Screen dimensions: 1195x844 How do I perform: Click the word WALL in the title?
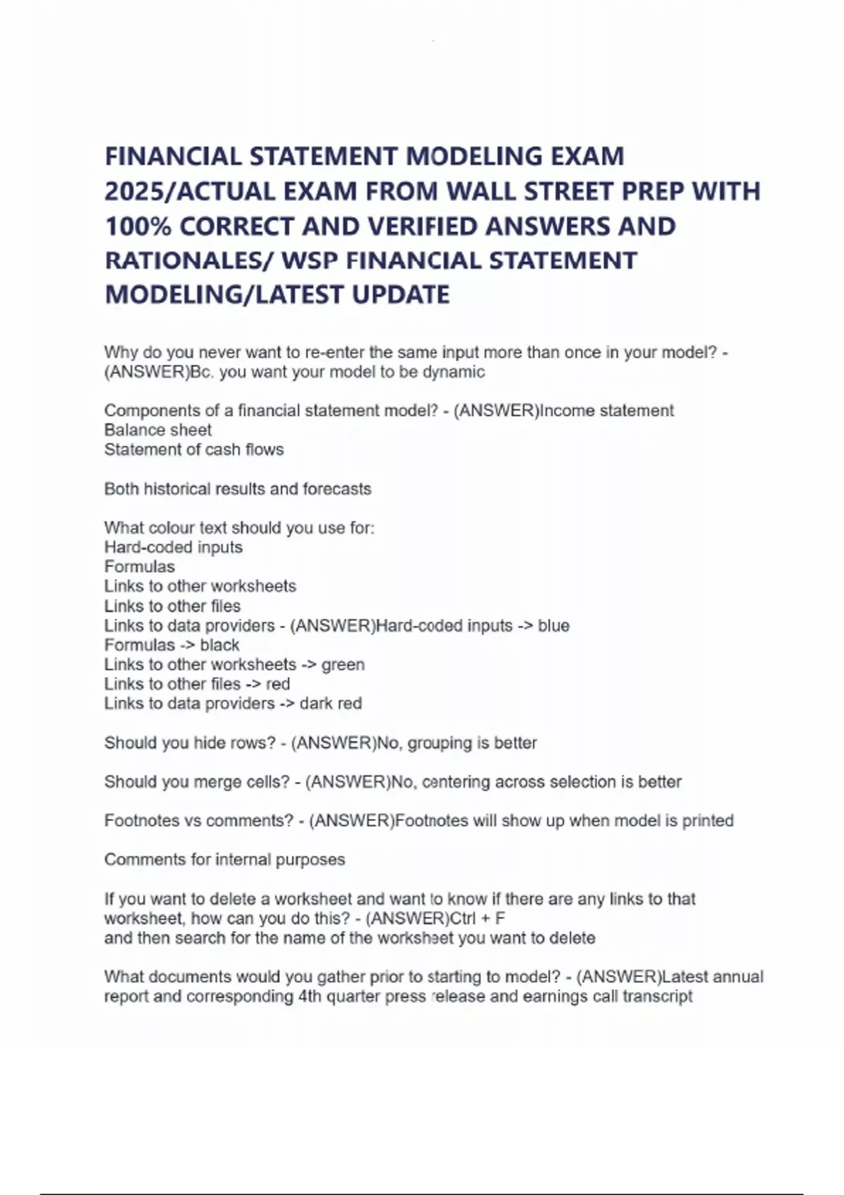(483, 191)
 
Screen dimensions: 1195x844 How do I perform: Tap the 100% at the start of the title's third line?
(137, 226)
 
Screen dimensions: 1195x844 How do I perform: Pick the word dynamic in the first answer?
(454, 372)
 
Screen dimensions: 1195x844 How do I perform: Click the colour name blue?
(554, 626)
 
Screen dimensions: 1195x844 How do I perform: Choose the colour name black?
(219, 645)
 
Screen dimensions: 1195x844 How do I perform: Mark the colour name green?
(343, 665)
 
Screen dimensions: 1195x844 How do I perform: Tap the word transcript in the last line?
(658, 997)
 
